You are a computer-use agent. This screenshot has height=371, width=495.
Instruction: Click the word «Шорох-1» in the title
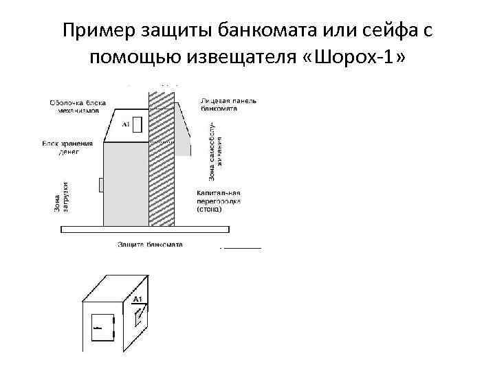pyautogui.click(x=359, y=58)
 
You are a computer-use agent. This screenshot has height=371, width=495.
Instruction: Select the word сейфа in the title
pyautogui.click(x=385, y=30)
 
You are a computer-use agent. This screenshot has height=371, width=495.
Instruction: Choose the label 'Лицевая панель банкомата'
pyautogui.click(x=228, y=104)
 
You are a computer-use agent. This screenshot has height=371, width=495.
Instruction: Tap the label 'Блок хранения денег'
pyautogui.click(x=67, y=147)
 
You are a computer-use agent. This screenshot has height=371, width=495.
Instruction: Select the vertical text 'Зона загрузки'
pyautogui.click(x=60, y=196)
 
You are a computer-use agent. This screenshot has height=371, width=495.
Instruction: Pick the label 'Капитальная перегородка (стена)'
pyautogui.click(x=219, y=203)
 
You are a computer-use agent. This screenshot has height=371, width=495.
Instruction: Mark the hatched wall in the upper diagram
pyautogui.click(x=162, y=158)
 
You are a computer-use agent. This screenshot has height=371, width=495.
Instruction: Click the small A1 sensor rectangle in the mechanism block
pyautogui.click(x=137, y=124)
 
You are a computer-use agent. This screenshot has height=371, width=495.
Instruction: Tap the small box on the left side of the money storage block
pyautogui.click(x=100, y=184)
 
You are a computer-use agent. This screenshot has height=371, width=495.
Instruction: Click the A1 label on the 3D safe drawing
pyautogui.click(x=137, y=300)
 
